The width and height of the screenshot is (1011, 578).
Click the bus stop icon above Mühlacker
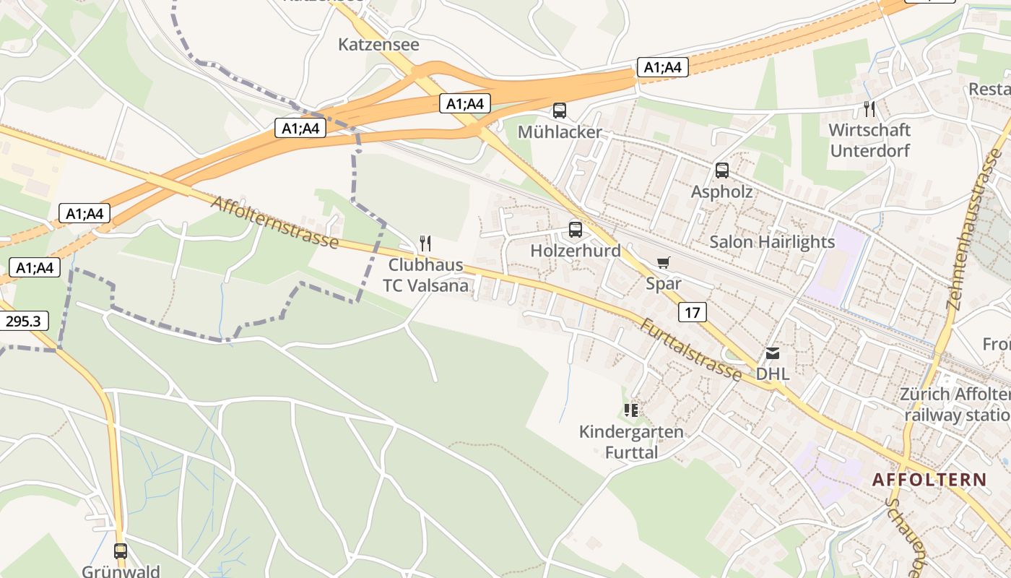(x=560, y=111)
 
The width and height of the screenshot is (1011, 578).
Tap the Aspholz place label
(x=721, y=192)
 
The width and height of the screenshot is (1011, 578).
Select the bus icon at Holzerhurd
(x=575, y=230)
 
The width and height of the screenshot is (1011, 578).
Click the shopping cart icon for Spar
(x=663, y=262)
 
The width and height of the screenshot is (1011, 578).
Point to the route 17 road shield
(x=692, y=312)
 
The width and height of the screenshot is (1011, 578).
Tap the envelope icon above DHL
(x=773, y=353)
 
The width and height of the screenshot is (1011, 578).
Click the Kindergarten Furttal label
(x=630, y=442)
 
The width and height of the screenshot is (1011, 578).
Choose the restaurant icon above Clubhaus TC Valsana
(x=425, y=243)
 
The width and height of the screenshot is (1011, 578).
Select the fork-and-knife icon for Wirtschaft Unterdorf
(x=869, y=109)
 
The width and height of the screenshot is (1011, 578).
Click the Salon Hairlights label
(x=771, y=242)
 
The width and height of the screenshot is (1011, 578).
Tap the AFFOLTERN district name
(x=929, y=480)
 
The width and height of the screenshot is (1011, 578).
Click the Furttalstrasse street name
(x=690, y=350)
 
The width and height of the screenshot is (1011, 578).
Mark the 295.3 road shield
(x=22, y=322)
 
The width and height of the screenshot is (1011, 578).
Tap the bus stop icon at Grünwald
(x=121, y=551)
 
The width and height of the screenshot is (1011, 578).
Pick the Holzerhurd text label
(x=575, y=251)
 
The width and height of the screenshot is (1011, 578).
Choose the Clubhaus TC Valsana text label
(x=425, y=275)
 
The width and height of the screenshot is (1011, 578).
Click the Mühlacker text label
(x=560, y=132)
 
